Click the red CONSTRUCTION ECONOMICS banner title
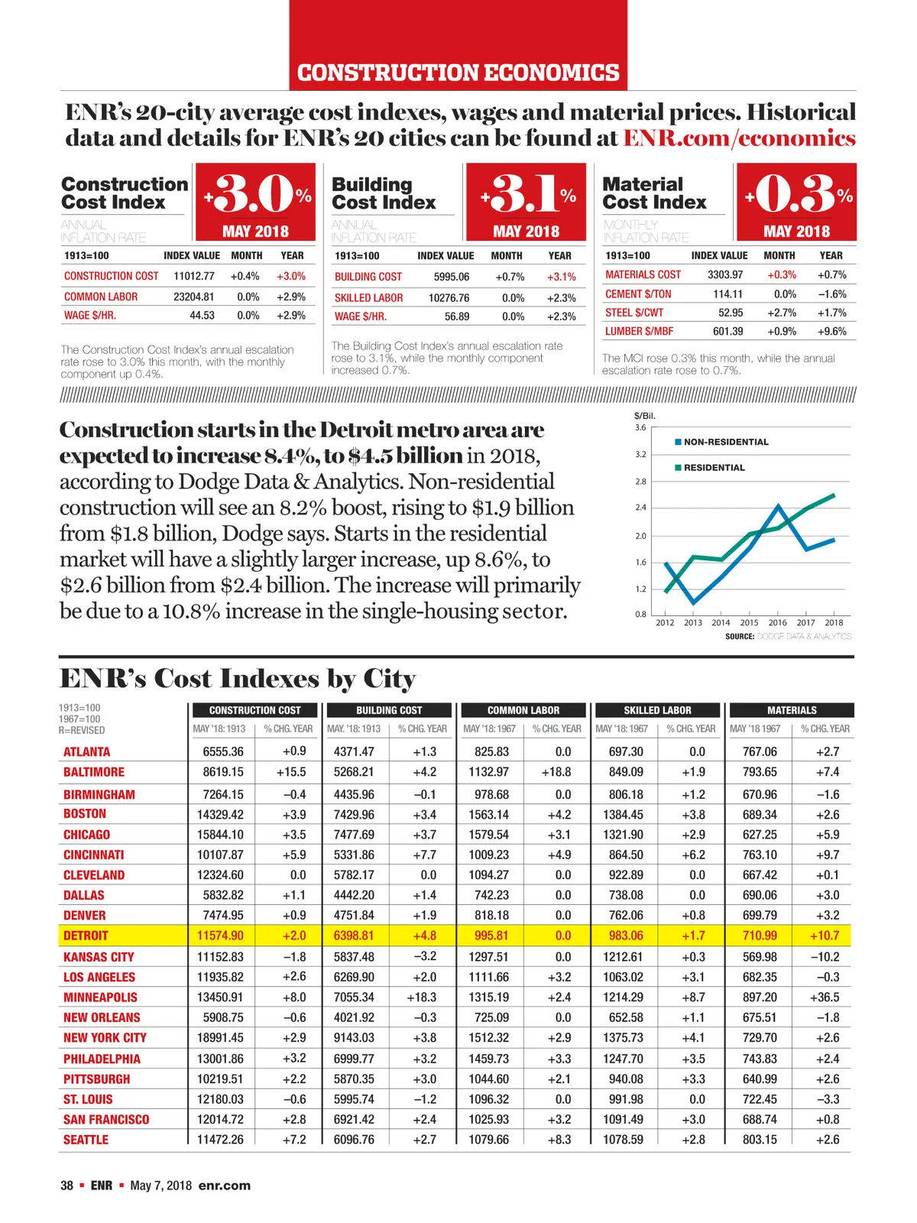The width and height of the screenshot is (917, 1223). click(458, 73)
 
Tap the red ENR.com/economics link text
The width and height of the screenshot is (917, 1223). click(739, 138)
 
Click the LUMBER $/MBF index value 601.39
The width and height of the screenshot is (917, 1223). click(727, 332)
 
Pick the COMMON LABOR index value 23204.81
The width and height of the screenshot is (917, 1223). click(193, 297)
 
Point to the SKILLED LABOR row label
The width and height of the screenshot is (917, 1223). click(368, 298)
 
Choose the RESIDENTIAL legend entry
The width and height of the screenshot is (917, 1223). click(713, 468)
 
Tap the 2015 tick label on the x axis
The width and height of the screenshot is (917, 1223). click(749, 623)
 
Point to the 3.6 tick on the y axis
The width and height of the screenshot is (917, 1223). click(640, 428)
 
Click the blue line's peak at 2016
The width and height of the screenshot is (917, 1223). click(779, 506)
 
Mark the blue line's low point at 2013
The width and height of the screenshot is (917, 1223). click(693, 603)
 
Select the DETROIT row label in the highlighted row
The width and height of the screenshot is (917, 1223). click(86, 936)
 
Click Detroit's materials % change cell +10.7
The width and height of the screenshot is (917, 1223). click(825, 936)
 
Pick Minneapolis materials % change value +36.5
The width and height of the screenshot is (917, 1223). click(825, 998)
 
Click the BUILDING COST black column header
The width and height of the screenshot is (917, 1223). click(389, 710)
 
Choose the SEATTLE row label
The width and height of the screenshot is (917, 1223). click(86, 1140)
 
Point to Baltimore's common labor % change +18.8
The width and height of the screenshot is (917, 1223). click(556, 772)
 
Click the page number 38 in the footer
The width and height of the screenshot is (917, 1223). click(67, 1186)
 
